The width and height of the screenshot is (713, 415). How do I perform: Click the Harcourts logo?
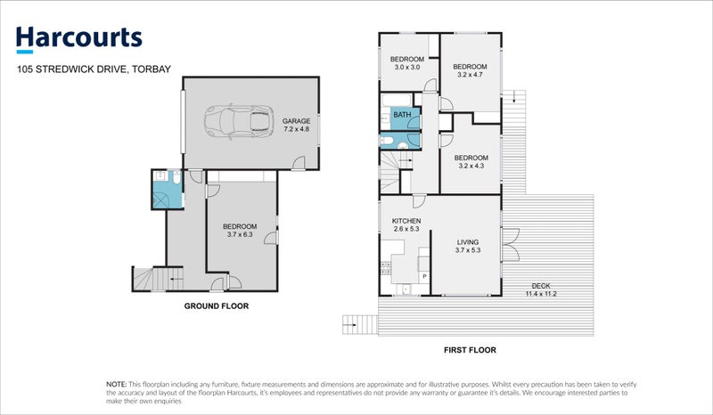[x=79, y=37]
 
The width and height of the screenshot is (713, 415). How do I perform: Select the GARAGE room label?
[x=297, y=121]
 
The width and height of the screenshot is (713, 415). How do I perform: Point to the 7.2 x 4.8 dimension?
[x=297, y=129]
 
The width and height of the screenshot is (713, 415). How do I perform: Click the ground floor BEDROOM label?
[x=240, y=226]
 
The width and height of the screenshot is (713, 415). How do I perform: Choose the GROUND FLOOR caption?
[x=216, y=305]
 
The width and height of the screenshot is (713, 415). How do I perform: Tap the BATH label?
[x=402, y=115]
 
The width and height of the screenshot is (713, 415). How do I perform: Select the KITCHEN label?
[x=406, y=221]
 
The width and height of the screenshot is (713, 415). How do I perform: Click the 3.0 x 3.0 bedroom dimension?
[x=406, y=67]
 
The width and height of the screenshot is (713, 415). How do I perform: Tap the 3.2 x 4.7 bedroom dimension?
[x=470, y=76]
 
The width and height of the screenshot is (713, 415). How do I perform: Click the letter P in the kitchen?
[x=424, y=277]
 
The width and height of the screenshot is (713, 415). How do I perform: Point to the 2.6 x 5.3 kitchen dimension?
[x=406, y=229]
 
